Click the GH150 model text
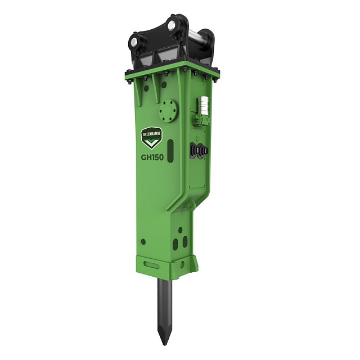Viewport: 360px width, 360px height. click(x=152, y=157)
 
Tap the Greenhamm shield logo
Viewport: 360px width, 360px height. click(x=151, y=138)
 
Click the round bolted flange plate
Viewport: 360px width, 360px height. click(x=168, y=111)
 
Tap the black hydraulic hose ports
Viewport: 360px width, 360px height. click(x=199, y=151)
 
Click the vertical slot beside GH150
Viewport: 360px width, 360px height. click(x=170, y=151)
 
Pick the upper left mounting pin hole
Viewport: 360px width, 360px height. click(x=134, y=42)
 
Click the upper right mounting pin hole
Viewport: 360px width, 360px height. click(x=171, y=25)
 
